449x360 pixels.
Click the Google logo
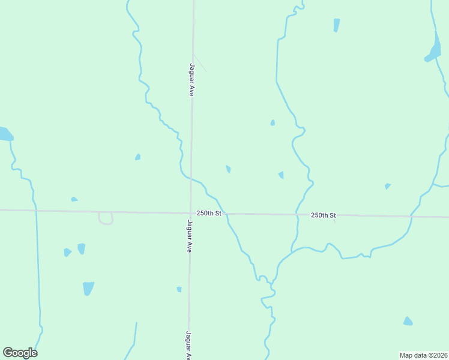click(x=20, y=353)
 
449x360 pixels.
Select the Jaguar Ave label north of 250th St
click(x=192, y=80)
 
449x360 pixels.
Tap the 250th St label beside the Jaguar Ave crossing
click(x=209, y=214)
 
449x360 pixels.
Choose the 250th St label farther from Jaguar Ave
click(x=324, y=215)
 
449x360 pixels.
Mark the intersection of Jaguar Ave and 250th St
click(x=190, y=213)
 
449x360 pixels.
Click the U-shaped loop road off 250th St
click(x=106, y=220)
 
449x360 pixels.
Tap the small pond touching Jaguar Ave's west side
click(x=179, y=289)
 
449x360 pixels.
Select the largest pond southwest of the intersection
click(x=88, y=288)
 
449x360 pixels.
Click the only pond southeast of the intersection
click(x=408, y=322)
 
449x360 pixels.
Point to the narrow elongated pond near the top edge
click(x=336, y=25)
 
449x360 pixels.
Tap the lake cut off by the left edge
click(x=5, y=134)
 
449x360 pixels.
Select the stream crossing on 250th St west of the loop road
click(x=36, y=211)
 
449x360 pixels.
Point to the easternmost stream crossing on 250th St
click(x=411, y=215)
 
